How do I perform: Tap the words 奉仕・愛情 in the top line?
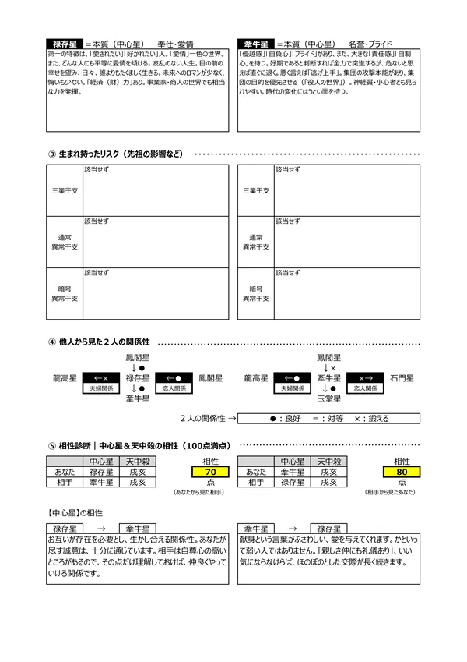pos(175,44)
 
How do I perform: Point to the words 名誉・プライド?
pos(370,44)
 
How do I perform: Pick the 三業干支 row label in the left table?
pos(65,189)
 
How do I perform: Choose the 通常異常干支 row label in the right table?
pos(256,242)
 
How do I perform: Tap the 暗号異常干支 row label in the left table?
pos(65,293)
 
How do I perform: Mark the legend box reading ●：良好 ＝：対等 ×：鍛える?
pos(329,418)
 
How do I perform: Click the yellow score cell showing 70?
pos(209,473)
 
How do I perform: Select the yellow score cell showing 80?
pos(402,473)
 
